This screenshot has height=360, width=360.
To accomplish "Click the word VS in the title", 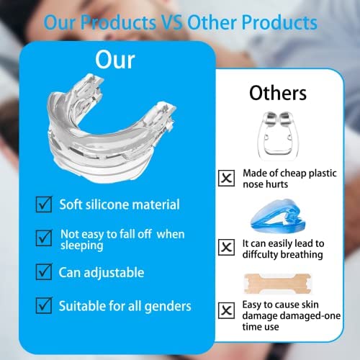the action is pyautogui.click(x=171, y=22).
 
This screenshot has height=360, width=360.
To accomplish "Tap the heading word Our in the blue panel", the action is pyautogui.click(x=115, y=60).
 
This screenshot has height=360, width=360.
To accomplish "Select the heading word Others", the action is pyautogui.click(x=278, y=93).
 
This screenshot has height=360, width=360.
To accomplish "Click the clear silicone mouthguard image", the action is pyautogui.click(x=111, y=128).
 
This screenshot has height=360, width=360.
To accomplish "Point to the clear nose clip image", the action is pyautogui.click(x=276, y=135).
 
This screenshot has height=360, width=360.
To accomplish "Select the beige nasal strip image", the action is pyautogui.click(x=277, y=284).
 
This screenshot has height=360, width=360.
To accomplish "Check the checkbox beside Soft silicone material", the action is pyautogui.click(x=44, y=204).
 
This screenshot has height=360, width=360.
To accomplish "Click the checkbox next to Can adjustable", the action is pyautogui.click(x=44, y=272).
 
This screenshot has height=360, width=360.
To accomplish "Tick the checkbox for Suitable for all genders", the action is pyautogui.click(x=44, y=305).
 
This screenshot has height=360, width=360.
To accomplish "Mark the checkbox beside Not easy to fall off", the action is pyautogui.click(x=44, y=238).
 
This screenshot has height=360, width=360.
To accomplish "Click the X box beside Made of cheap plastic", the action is pyautogui.click(x=227, y=178).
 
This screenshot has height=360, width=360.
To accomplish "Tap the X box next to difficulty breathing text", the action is pyautogui.click(x=227, y=247).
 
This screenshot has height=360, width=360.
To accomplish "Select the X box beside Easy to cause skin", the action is pyautogui.click(x=227, y=310).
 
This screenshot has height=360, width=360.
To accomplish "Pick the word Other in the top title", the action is pyautogui.click(x=212, y=22).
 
